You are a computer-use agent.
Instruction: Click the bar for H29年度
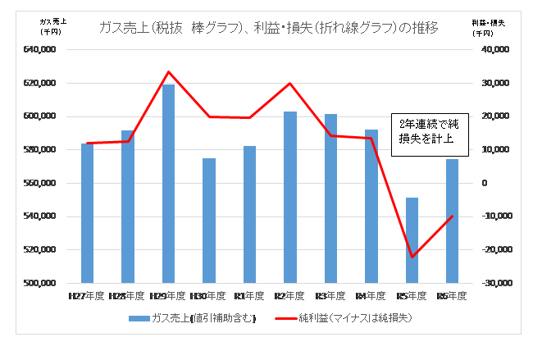click(x=168, y=184)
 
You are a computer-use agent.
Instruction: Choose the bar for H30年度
click(x=209, y=221)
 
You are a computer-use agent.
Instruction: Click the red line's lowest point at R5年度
click(x=412, y=257)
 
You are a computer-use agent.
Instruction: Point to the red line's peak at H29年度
click(x=168, y=72)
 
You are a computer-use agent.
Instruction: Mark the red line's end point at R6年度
click(x=452, y=216)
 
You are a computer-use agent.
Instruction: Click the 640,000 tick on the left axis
click(x=39, y=50)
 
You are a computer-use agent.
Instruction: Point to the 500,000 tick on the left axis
click(x=39, y=284)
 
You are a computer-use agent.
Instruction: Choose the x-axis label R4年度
click(x=371, y=295)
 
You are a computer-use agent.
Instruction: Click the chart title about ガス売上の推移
click(x=267, y=28)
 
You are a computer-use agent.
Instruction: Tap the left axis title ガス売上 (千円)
click(x=54, y=26)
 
